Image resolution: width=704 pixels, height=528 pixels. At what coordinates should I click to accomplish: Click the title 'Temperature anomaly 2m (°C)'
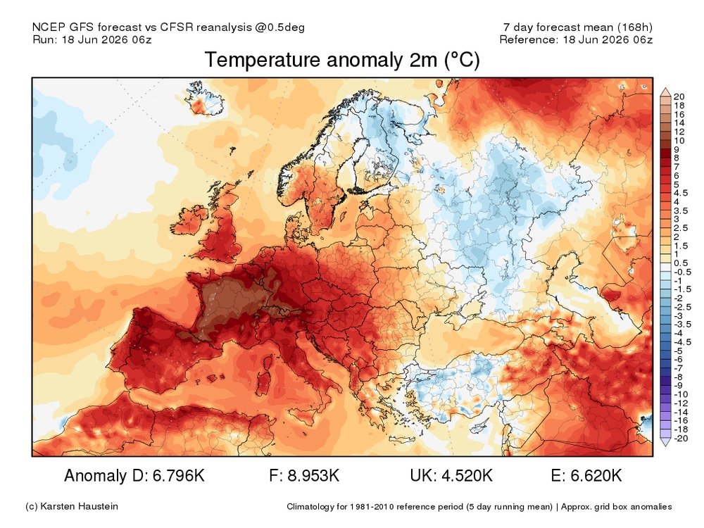(342, 60)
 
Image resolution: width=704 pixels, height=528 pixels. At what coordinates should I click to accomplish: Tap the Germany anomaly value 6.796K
(179, 475)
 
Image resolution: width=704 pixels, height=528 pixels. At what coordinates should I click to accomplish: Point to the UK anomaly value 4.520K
(467, 475)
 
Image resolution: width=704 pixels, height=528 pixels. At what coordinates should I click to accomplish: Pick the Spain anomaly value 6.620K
(596, 475)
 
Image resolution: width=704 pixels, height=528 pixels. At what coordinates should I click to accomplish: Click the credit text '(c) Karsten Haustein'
(72, 506)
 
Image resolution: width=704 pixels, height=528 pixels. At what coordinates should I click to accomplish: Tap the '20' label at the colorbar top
(679, 96)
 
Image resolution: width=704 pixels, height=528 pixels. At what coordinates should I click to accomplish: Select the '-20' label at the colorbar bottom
(681, 438)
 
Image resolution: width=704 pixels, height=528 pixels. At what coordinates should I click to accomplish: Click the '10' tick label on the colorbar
(679, 141)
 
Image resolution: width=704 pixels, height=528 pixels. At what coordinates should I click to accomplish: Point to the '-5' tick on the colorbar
(678, 351)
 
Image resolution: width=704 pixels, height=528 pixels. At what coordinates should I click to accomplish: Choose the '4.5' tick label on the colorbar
(681, 193)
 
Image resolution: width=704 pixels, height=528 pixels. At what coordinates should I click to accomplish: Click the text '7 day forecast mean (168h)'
(578, 27)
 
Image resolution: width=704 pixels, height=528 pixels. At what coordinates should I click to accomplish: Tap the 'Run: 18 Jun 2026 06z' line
(92, 39)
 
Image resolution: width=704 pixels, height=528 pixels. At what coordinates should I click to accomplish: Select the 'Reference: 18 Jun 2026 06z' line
(576, 39)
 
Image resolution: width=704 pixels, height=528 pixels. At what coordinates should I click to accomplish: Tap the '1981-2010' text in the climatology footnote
(371, 507)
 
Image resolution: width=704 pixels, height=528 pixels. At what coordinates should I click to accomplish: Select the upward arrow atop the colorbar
(665, 92)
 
